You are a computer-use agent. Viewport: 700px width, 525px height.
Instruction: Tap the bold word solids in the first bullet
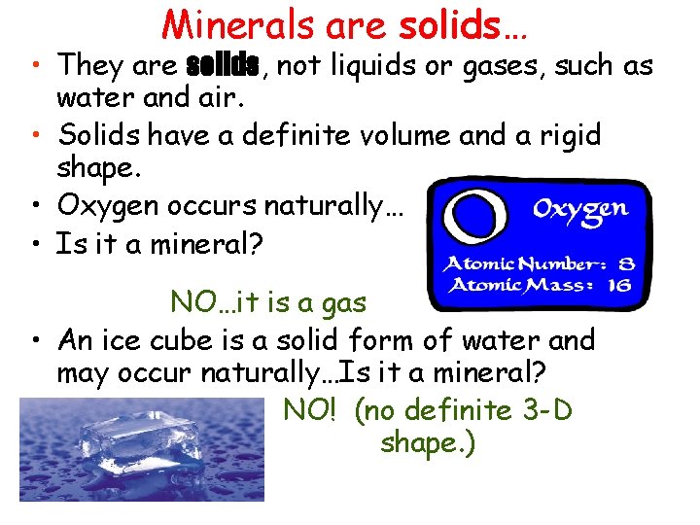(222, 66)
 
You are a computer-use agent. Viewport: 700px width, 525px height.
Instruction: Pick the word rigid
(565, 136)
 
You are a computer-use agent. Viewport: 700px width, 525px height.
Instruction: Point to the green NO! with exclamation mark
(309, 410)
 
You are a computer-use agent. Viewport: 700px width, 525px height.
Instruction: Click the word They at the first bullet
(90, 66)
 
